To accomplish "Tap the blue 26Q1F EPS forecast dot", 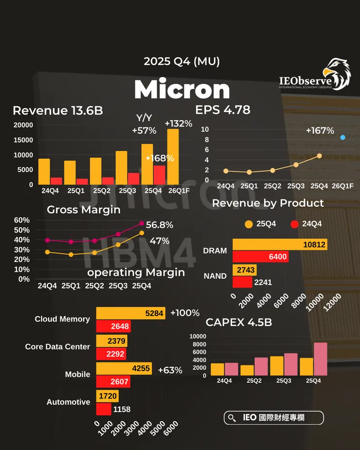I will (342, 138).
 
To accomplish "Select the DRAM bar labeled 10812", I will (280, 244).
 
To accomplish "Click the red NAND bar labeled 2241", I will (242, 282).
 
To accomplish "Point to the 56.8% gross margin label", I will (160, 225).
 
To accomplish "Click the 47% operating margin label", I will (160, 241).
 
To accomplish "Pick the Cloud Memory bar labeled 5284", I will (131, 313).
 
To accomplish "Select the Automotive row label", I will (69, 402).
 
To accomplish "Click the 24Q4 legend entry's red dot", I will (293, 224).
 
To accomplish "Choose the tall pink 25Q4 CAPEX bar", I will (321, 359).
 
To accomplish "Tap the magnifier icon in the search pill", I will (233, 418).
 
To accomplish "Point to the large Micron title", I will (181, 90).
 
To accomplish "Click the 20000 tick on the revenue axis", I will (23, 125).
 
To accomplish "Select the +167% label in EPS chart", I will (320, 130).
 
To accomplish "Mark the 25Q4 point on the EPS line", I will (319, 156).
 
